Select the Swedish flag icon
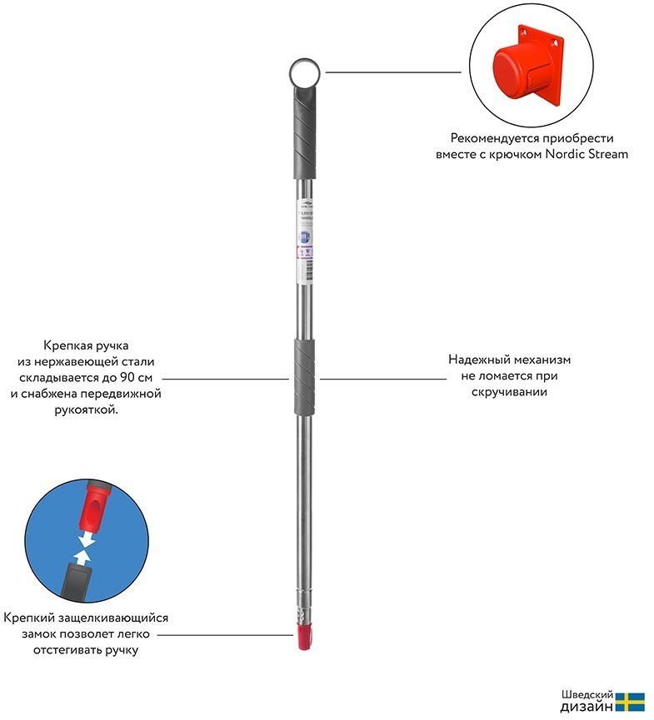631,701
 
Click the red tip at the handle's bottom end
304,639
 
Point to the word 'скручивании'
510,392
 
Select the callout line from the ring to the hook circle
392,72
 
